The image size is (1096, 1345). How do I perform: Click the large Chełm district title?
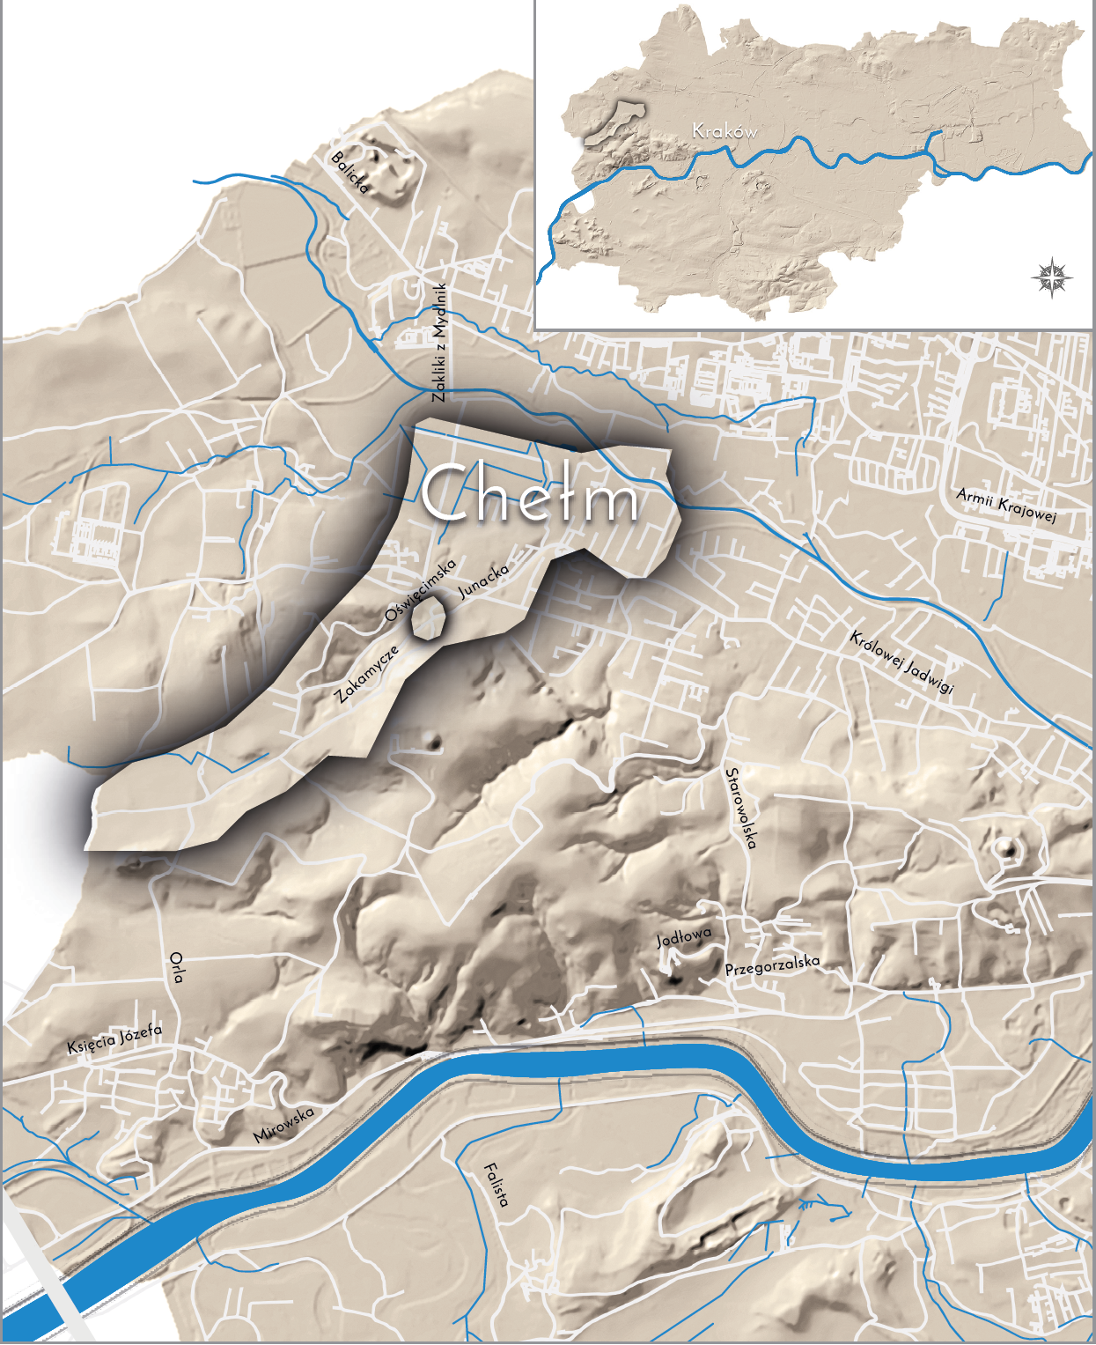(529, 494)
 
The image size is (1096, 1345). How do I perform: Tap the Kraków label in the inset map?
(725, 131)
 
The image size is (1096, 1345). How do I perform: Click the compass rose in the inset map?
(1052, 278)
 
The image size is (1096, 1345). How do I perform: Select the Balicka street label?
(349, 173)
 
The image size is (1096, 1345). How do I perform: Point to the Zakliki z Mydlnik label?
(440, 343)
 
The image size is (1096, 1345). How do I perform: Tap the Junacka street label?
(483, 581)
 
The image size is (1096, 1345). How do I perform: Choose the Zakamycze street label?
(367, 674)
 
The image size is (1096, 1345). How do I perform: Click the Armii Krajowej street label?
(1005, 505)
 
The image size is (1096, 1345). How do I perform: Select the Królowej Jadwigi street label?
(901, 661)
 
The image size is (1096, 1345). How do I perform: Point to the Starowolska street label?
(740, 808)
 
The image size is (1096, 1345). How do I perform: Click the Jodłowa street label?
(683, 937)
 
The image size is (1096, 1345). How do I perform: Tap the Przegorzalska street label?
(772, 965)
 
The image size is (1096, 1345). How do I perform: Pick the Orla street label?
(177, 966)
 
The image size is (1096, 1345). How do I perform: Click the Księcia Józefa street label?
(114, 1039)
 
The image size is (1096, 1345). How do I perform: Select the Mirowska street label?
(283, 1125)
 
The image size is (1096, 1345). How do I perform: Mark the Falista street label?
(496, 1186)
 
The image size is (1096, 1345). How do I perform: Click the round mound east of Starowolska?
(1006, 849)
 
